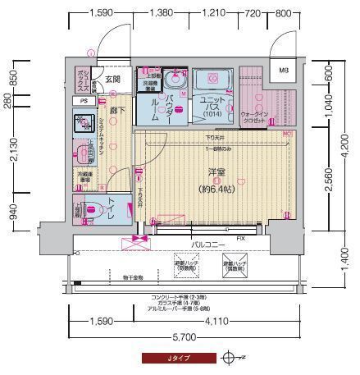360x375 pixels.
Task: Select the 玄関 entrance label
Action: (x=113, y=79)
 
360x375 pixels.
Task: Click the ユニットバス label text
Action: (x=213, y=103)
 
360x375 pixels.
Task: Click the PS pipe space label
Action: (x=84, y=101)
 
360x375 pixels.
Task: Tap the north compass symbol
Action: (x=231, y=359)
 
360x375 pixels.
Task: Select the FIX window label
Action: (x=240, y=238)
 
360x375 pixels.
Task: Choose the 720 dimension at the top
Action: (x=252, y=13)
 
